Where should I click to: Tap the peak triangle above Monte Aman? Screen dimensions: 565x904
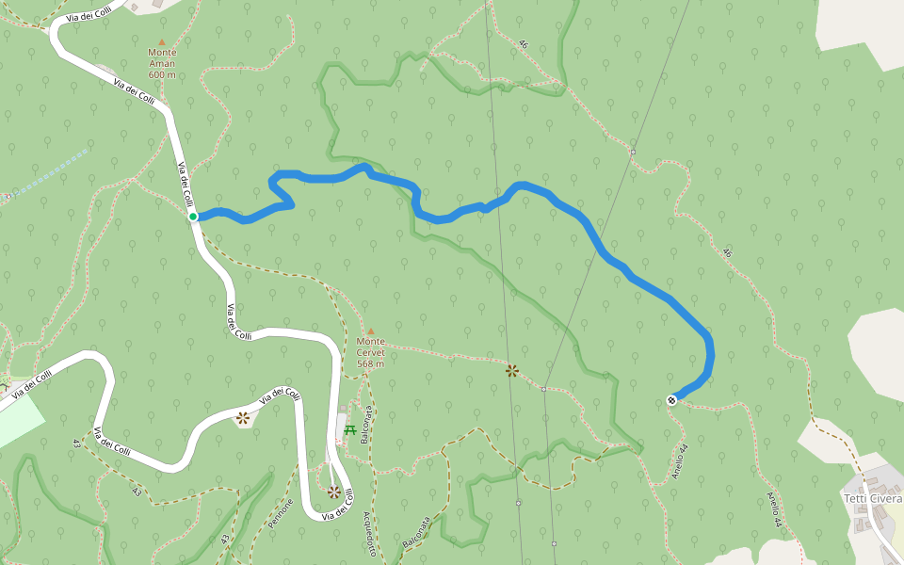[x=162, y=41]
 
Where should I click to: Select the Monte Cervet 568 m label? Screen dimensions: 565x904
[x=370, y=352]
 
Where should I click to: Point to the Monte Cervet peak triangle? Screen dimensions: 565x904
[x=370, y=331]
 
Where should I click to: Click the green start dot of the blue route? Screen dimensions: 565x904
[x=193, y=217]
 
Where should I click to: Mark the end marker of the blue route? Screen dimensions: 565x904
[x=672, y=400]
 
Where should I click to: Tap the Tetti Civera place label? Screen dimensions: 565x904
[x=872, y=498]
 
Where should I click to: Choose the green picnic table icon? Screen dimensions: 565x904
[x=350, y=430]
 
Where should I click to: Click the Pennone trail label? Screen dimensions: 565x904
[x=282, y=514]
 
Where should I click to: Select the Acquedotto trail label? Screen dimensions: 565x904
[x=369, y=534]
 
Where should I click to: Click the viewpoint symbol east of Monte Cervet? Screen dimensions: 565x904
[x=511, y=371]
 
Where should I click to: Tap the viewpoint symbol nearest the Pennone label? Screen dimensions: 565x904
[x=333, y=492]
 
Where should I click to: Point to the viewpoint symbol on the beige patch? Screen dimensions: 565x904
[x=243, y=417]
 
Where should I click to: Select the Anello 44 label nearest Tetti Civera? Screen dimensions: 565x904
[x=773, y=508]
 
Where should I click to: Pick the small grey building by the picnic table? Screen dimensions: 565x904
[x=341, y=428]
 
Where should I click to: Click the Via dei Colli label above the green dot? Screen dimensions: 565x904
[x=186, y=185]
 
